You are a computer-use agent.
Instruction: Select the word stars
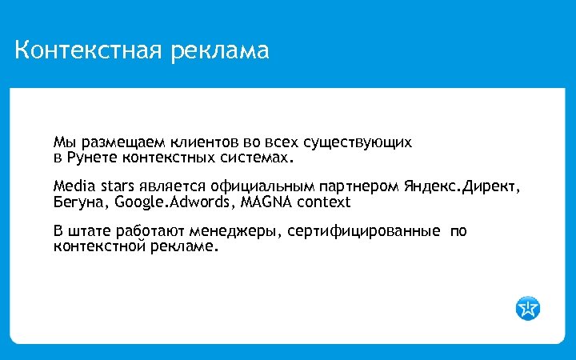[117, 187]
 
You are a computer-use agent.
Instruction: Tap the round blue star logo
[528, 307]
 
